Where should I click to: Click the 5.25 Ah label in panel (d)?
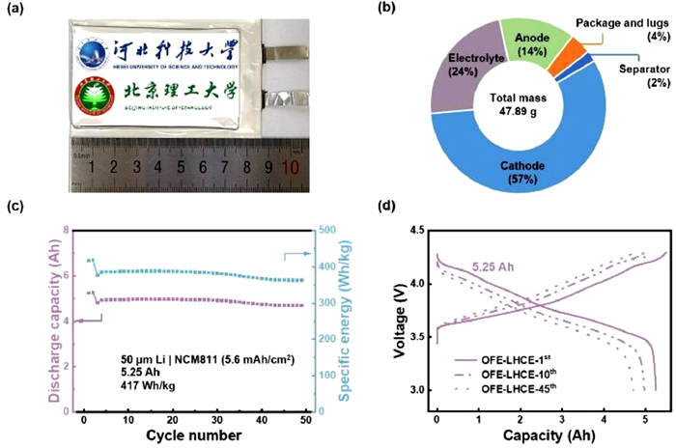pos(493,260)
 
